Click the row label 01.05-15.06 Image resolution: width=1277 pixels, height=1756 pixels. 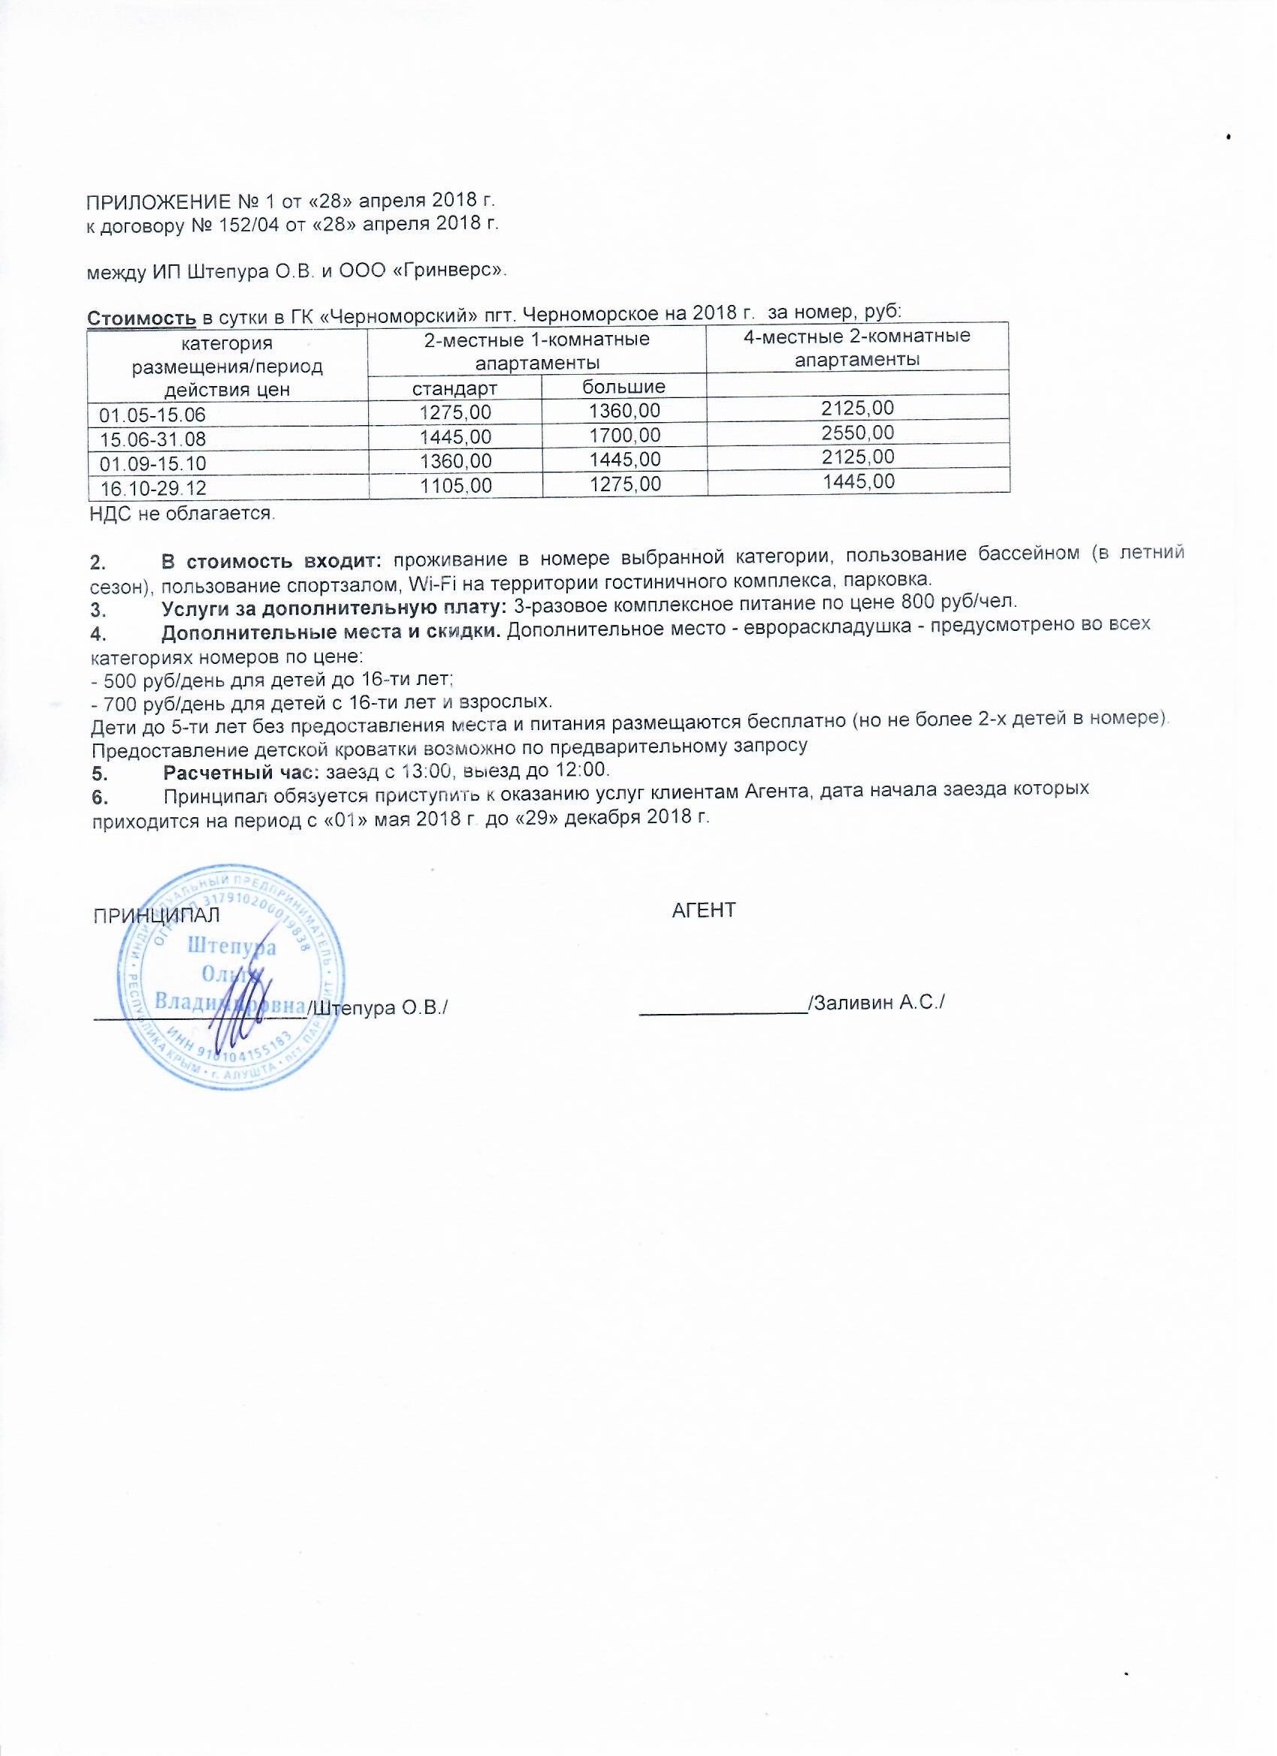152,415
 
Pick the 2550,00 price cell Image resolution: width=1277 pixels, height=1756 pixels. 858,432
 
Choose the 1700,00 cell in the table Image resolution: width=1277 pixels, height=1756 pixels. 624,435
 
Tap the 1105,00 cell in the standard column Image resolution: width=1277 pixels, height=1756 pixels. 454,485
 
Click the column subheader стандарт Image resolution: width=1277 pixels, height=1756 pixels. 454,388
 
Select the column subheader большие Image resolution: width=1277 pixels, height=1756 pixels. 624,385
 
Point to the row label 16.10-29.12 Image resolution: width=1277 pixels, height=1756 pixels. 153,487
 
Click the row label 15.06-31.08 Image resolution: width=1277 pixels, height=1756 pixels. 153,440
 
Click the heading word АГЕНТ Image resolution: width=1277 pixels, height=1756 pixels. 703,910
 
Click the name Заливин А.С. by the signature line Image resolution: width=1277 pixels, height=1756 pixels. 877,1003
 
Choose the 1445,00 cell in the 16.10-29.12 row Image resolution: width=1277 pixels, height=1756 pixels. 858,481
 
